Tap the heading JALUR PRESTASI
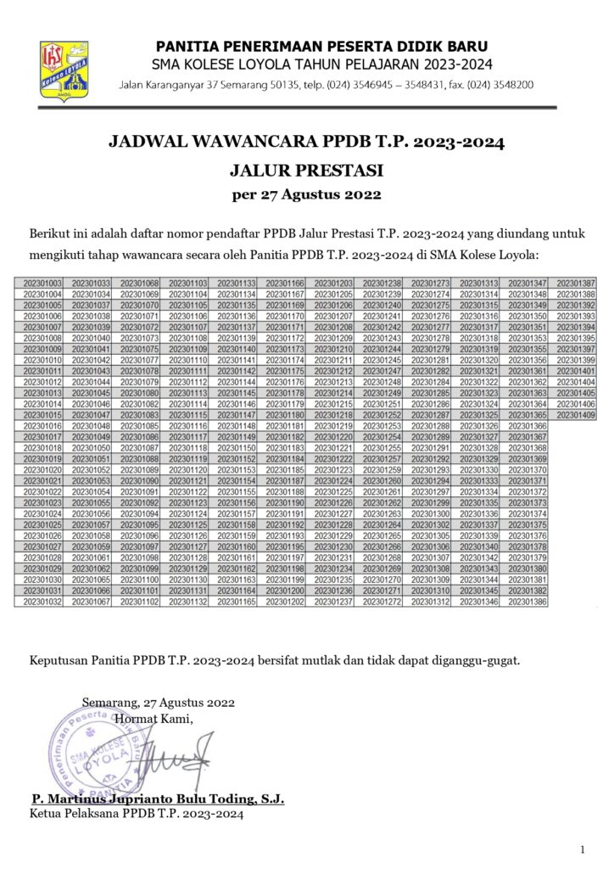coord(307,169)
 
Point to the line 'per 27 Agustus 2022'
coord(306,195)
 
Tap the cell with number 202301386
coord(527,602)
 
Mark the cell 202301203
coord(333,283)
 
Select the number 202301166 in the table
coord(285,283)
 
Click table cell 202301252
coord(382,415)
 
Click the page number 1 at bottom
coord(583,849)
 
